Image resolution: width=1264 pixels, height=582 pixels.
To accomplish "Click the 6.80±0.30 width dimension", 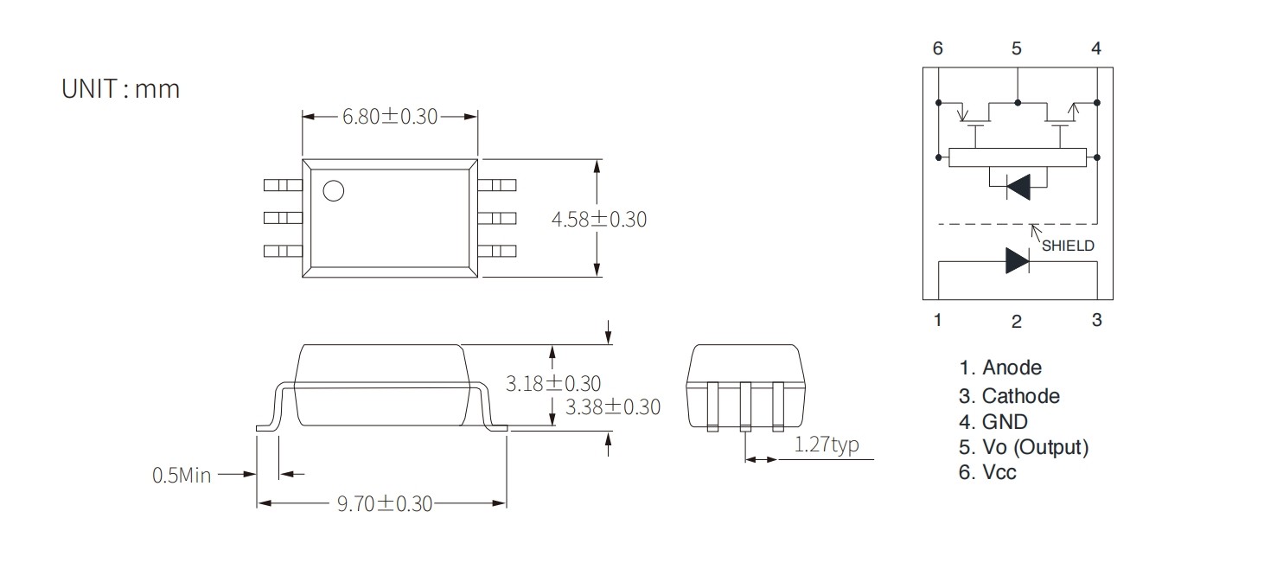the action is tap(390, 117).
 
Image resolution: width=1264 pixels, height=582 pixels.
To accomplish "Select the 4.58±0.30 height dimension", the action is tap(598, 219).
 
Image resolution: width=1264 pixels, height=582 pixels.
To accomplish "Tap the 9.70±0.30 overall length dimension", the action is tap(384, 503).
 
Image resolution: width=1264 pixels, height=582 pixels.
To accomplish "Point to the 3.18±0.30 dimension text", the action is tap(553, 384).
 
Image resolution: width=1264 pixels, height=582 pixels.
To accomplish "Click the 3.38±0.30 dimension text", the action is tap(613, 407).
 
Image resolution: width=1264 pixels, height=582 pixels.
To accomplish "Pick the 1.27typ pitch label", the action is tap(827, 444).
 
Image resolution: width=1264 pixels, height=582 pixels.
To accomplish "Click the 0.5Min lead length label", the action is tap(182, 476).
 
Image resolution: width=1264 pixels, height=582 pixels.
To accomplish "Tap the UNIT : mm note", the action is tap(120, 89).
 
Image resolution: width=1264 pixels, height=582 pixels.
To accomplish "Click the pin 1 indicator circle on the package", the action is tap(334, 191).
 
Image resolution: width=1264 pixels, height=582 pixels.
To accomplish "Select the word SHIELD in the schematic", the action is tap(1068, 246).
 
